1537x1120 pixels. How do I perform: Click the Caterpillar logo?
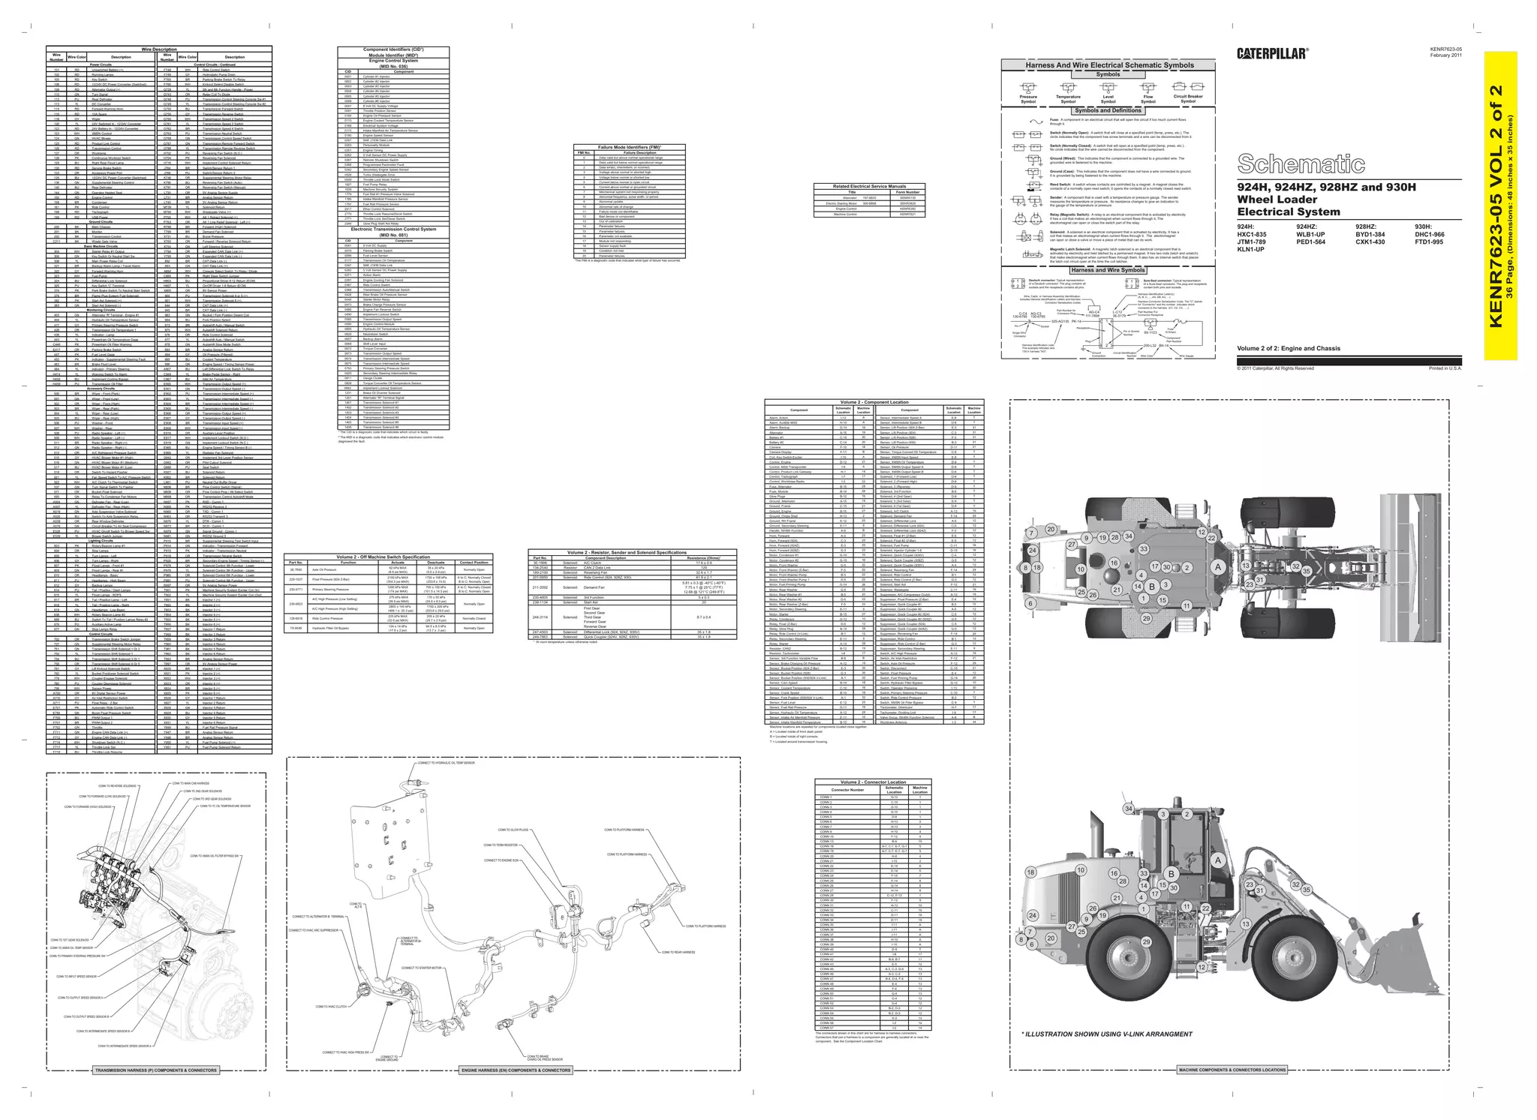[1272, 53]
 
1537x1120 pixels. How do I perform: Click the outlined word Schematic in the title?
[1301, 164]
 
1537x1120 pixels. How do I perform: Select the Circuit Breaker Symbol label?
[1188, 98]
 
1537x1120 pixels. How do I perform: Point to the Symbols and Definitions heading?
[1108, 110]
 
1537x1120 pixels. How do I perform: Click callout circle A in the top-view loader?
[1219, 567]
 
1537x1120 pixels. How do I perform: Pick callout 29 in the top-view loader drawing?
[1146, 619]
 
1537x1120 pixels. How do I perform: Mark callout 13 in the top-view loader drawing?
[1245, 566]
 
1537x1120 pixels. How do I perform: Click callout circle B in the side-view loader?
[1170, 874]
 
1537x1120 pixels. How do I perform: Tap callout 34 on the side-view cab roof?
[1129, 809]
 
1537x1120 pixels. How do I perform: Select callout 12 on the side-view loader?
[1202, 967]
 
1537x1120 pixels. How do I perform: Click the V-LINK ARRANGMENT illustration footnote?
[1106, 1034]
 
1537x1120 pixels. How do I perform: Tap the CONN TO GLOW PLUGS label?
[513, 830]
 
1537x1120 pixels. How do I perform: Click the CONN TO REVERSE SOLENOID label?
[118, 786]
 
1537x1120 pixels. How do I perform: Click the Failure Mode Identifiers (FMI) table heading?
[628, 147]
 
